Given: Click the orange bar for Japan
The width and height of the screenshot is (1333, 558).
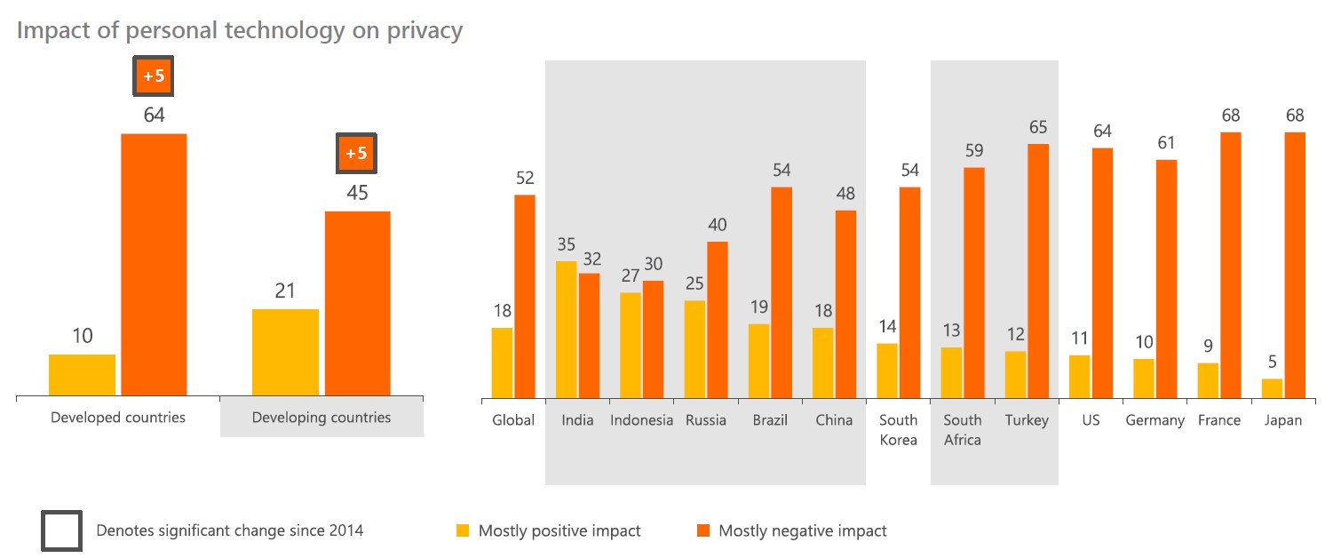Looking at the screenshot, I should (1295, 265).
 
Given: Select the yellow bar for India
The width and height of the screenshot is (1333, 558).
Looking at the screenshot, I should (567, 329).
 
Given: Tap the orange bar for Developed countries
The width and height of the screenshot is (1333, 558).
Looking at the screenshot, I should (154, 264).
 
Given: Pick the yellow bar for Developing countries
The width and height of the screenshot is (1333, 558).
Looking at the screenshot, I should (285, 352).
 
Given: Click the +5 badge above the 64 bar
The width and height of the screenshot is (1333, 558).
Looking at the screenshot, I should (154, 76).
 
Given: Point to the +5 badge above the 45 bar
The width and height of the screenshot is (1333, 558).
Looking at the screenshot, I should (356, 154).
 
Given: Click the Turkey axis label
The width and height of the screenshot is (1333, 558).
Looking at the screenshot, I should (1027, 420).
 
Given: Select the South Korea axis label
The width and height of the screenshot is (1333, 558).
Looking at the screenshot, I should (898, 429).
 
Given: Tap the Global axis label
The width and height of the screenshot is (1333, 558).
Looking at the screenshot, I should (513, 420).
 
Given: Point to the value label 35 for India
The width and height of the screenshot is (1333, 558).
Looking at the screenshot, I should (567, 244).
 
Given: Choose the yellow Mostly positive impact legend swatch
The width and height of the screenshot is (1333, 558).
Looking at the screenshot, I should (462, 531).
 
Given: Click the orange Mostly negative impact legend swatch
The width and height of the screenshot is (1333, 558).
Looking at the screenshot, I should (702, 531).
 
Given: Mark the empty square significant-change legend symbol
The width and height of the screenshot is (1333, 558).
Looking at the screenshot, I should (61, 530).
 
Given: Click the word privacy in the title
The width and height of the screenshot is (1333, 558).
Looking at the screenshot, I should (420, 30).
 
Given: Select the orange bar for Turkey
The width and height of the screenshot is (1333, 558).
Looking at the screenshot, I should (1038, 270).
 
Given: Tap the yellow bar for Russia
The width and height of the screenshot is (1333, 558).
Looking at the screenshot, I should (695, 348).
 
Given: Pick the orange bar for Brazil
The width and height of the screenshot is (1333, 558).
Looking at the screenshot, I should (782, 292).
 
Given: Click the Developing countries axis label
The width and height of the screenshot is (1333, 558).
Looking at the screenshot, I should (321, 417).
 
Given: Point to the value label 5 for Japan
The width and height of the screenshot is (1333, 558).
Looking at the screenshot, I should (1273, 362).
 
